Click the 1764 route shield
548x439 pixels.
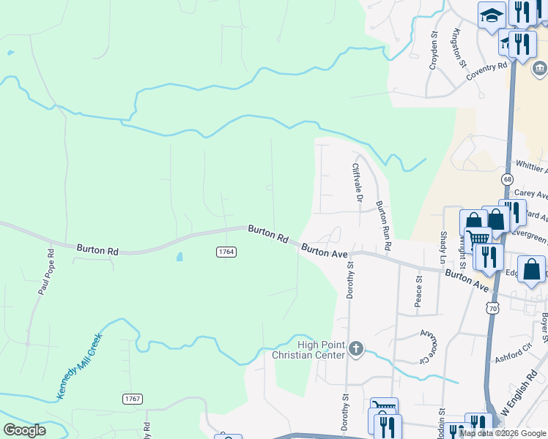(226, 252)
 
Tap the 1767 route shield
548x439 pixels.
(132, 399)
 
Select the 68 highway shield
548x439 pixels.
(507, 179)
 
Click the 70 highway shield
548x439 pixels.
(493, 309)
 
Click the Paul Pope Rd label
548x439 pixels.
(45, 273)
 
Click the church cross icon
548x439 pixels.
(356, 349)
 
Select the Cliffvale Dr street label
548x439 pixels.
(357, 183)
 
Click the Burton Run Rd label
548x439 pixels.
(382, 225)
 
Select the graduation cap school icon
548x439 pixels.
(492, 15)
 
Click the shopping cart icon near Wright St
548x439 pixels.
(478, 238)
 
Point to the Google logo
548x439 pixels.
(25, 430)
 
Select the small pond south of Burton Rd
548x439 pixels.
(179, 258)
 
